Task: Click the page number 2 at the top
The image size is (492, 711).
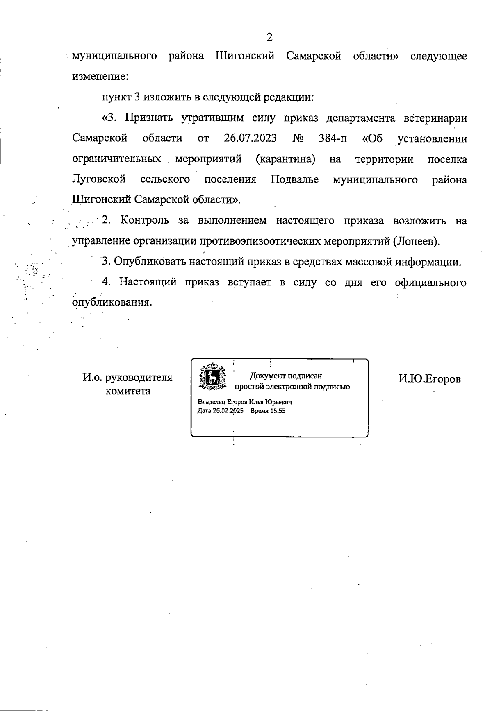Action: pos(269,38)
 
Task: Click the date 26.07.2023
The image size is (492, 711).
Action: pos(250,138)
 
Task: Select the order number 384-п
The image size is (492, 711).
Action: pos(333,138)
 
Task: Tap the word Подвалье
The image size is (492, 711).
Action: pos(295,179)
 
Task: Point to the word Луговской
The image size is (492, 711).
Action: pos(99,179)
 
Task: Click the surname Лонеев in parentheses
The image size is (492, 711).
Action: pos(415,241)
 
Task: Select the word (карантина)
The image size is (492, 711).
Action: pos(285,159)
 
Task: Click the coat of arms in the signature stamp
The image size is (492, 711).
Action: pos(212,376)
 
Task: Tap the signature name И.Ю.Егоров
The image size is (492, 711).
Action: pos(430,379)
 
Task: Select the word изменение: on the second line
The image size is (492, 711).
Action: pos(100,77)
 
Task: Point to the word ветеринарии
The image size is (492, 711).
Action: pos(435,118)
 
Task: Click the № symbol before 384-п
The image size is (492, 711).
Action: pos(298,138)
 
